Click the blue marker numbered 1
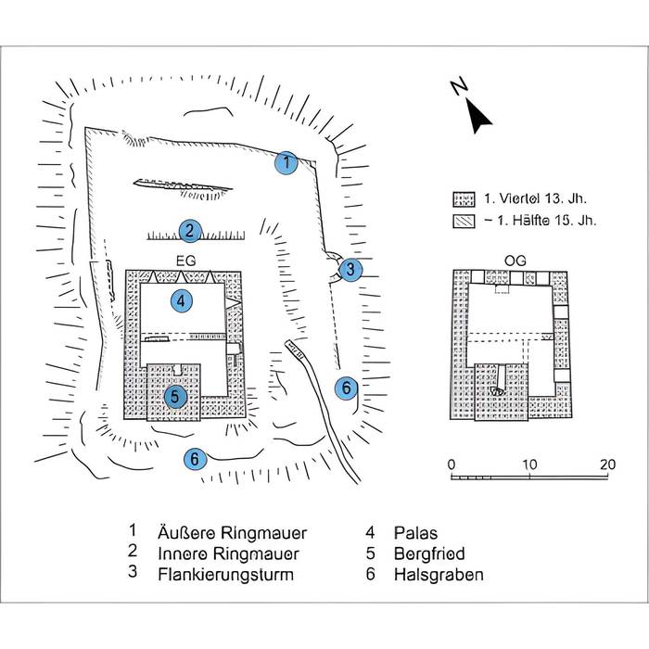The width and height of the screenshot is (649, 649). pos(287,163)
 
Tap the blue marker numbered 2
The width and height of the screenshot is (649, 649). pos(188,231)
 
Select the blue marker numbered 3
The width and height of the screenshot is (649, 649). pos(350,270)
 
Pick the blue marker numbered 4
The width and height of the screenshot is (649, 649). pos(181,300)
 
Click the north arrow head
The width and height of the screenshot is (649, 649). pos(478,118)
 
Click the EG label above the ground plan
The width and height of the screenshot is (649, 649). pos(182,261)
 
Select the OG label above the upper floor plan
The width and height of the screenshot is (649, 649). pos(517,261)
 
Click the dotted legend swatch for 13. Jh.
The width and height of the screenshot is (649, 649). pos(463,198)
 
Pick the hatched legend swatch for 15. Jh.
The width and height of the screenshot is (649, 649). pos(463,221)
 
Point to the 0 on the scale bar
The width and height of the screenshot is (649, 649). pos(451,464)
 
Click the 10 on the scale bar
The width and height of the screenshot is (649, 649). pos(529,464)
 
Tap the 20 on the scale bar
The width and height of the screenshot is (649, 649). pos(607,464)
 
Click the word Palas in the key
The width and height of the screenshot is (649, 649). pos(414,533)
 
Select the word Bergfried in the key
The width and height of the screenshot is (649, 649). pos(428,554)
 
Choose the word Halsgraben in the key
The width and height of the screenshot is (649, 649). pos(438,575)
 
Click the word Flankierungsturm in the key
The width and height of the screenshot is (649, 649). pos(225,575)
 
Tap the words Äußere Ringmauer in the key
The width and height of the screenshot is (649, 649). pos(232,533)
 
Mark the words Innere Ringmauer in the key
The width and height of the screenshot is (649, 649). pos(228,554)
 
